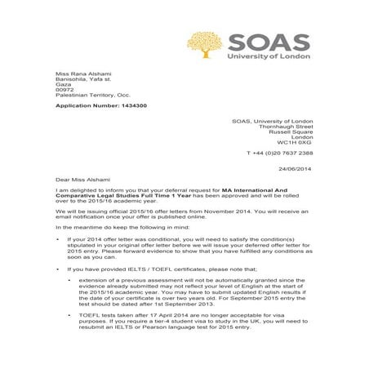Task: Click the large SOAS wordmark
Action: [x=271, y=42]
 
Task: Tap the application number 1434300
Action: [x=130, y=106]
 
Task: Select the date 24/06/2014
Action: [x=296, y=169]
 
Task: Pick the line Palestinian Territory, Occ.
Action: [x=91, y=99]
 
